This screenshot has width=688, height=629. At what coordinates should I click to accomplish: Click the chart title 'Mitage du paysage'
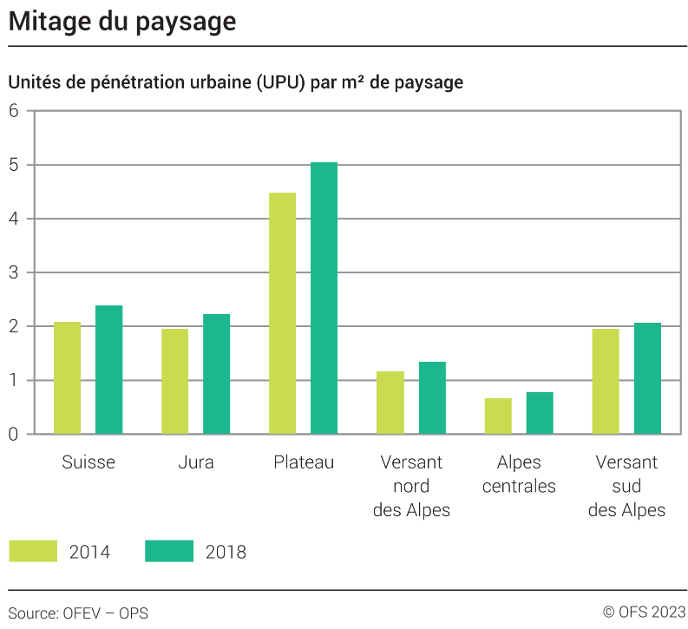(122, 22)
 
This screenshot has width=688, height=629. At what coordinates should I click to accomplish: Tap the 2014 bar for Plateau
(282, 313)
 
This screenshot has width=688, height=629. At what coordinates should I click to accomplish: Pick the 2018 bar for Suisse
(108, 370)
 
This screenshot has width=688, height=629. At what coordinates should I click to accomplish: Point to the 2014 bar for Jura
(174, 381)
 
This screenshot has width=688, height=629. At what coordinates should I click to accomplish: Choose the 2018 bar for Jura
(216, 374)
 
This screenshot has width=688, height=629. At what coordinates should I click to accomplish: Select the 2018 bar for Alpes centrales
(539, 413)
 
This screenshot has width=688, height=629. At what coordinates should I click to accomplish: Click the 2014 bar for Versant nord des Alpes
(390, 403)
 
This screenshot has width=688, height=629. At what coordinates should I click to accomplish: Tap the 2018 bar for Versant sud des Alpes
(647, 378)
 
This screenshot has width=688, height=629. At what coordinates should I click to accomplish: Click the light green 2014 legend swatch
(33, 551)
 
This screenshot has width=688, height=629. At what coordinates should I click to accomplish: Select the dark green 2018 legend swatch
(169, 551)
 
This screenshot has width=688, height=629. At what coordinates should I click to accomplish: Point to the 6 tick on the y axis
(14, 111)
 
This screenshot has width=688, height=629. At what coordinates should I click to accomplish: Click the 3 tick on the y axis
(14, 272)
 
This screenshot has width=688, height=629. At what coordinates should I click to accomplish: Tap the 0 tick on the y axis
(14, 434)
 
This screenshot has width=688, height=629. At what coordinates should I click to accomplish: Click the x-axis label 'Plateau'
(303, 462)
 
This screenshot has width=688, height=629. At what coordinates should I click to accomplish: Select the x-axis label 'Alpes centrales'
(519, 475)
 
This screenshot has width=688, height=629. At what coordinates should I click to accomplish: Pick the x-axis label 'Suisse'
(88, 462)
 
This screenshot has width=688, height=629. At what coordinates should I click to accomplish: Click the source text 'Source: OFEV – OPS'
(78, 613)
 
